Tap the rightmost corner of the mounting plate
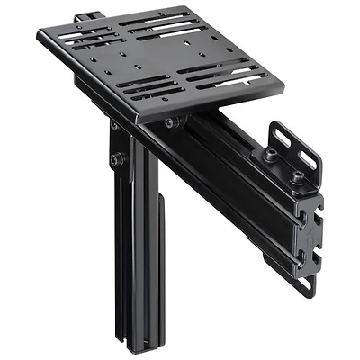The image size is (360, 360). point(283,89)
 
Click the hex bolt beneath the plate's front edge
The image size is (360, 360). point(170,122)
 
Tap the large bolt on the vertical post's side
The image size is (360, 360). point(116,160)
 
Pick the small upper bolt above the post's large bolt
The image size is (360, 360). point(113,127)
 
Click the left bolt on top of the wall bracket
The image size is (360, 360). point(270,155)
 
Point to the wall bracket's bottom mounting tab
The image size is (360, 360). point(304,283)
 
